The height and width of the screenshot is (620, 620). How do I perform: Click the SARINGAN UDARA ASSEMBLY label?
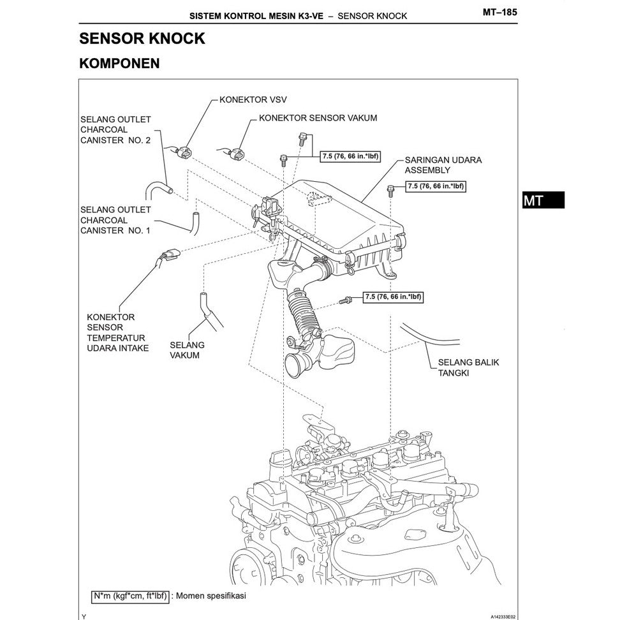tap(443, 165)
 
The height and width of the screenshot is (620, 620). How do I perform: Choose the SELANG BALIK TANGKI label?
tap(468, 367)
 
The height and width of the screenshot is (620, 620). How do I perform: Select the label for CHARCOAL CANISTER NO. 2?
tap(115, 129)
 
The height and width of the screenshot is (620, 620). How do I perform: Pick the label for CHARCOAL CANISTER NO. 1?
tap(115, 219)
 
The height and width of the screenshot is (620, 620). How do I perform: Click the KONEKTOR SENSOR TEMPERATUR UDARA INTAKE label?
tap(117, 332)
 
